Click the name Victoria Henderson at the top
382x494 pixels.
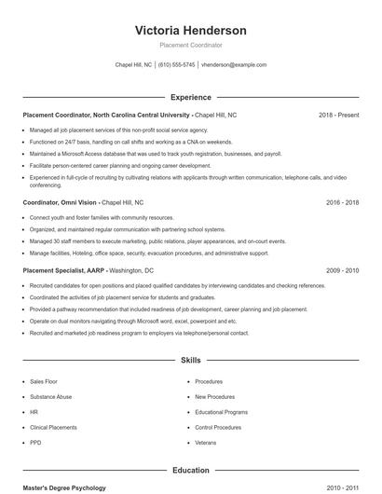190,30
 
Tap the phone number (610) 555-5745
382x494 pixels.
176,65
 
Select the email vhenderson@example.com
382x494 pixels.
234,65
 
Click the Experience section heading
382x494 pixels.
190,97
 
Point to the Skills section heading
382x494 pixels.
190,359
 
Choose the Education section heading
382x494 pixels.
190,471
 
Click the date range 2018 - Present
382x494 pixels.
338,116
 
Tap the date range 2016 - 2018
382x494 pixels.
343,202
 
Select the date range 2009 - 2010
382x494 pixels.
343,269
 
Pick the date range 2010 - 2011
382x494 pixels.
343,487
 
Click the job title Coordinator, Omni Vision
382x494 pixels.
60,202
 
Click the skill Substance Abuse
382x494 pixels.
50,396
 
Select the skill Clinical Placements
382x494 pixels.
53,427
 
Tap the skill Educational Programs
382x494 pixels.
221,412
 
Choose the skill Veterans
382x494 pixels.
206,443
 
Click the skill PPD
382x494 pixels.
35,443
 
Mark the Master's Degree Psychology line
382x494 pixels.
64,487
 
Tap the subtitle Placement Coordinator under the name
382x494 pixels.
190,45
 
